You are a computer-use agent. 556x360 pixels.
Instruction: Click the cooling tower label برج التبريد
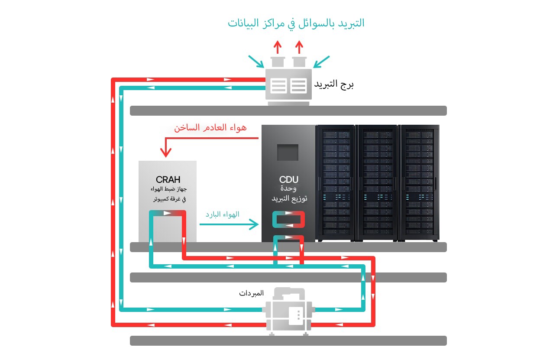334,84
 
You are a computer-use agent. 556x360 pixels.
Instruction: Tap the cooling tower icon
288,85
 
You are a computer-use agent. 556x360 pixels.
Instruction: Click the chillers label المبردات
251,293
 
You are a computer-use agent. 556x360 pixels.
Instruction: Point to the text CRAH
168,179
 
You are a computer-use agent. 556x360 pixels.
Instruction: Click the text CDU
288,179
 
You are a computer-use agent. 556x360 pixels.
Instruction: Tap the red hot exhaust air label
210,128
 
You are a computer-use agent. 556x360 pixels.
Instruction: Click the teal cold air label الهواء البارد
223,214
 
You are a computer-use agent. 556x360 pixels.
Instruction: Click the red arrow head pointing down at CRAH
165,152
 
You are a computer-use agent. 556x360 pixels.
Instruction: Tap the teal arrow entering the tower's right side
321,61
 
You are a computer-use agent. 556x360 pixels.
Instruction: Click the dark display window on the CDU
288,152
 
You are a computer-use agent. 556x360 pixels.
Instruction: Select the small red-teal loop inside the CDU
288,220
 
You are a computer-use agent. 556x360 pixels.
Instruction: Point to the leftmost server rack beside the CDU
335,182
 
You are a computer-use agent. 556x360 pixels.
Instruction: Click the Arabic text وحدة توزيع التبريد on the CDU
288,194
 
